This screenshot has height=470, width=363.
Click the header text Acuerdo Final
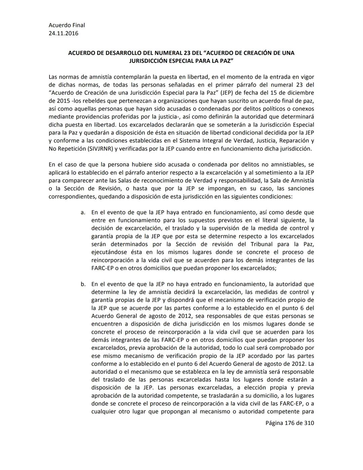point(67,25)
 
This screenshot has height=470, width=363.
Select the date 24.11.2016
point(64,33)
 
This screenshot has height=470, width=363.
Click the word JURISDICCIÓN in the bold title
point(151,61)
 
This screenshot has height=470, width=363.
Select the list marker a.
point(83,213)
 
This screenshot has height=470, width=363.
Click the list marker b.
point(83,284)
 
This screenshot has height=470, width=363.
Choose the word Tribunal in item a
point(263,244)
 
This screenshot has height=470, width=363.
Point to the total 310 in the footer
point(309,423)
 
